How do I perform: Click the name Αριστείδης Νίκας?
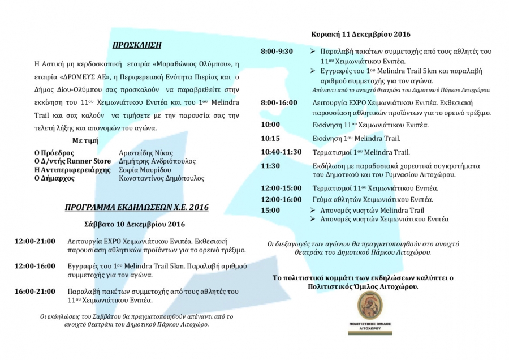[146, 153]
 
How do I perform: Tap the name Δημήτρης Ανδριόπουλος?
[157, 161]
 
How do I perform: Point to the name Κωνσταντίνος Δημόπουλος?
[162, 178]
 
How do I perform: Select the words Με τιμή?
[85, 139]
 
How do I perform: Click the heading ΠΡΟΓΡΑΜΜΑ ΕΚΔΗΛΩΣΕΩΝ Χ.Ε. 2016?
[136, 208]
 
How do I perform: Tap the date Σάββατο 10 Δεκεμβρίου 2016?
[135, 224]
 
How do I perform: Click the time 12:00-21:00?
[36, 241]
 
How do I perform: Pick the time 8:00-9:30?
[277, 52]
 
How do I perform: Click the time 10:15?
[270, 138]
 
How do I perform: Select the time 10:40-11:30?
[281, 152]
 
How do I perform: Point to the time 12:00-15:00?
[282, 188]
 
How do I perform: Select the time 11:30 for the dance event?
[270, 166]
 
